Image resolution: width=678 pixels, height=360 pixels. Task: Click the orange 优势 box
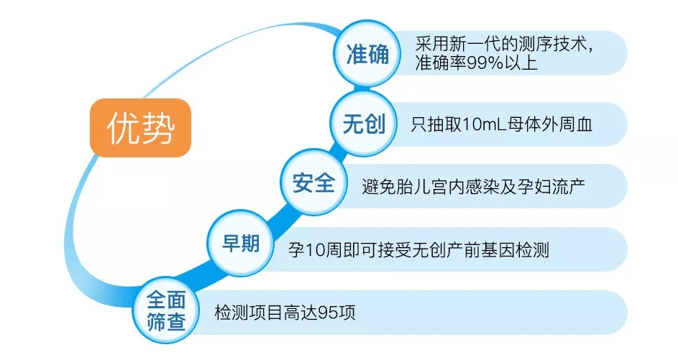(140, 128)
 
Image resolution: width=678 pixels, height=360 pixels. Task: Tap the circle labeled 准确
(367, 54)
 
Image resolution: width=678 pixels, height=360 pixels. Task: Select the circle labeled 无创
(364, 124)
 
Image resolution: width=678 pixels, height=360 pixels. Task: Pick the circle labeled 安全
(313, 183)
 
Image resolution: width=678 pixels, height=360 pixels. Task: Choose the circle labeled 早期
(241, 243)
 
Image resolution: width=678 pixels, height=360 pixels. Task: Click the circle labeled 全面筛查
(166, 310)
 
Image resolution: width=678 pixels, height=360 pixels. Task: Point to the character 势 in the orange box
(158, 128)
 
